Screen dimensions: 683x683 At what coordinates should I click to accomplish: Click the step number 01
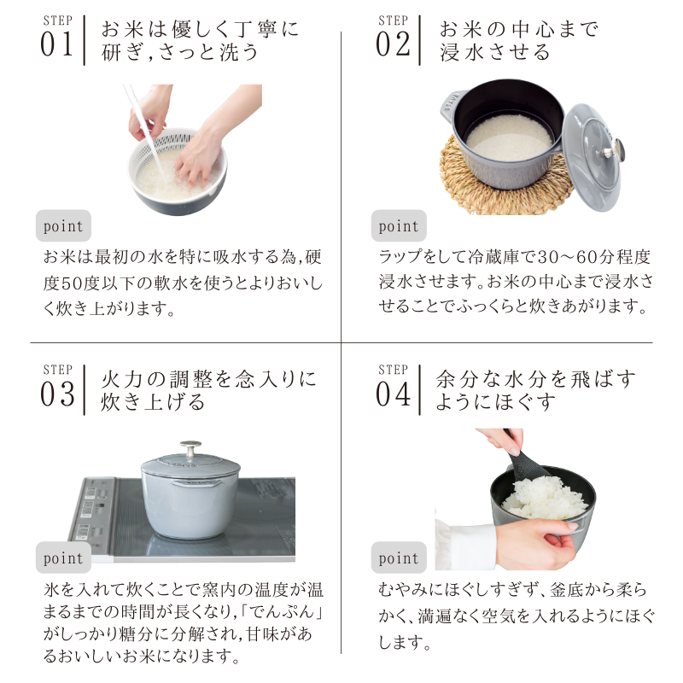tap(56, 44)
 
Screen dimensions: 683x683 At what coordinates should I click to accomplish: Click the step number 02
tap(393, 44)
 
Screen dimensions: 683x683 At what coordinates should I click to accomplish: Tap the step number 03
tap(57, 394)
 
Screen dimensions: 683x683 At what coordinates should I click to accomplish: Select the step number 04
tap(394, 394)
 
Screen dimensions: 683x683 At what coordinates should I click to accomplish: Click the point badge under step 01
tap(63, 225)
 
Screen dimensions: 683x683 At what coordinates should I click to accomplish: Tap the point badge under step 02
tap(399, 225)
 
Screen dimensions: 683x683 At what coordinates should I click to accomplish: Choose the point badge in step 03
tap(63, 557)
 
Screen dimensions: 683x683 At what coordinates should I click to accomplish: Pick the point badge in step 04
tap(399, 557)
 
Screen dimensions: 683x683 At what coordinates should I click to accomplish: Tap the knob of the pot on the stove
tap(190, 448)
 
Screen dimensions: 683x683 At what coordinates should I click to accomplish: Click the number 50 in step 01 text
tap(71, 283)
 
